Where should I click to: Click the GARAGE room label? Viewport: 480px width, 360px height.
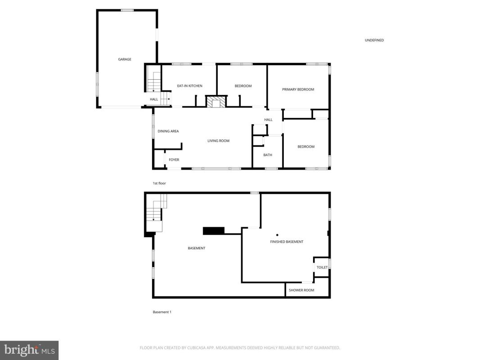click(125, 59)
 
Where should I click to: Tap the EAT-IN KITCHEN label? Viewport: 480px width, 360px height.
click(189, 86)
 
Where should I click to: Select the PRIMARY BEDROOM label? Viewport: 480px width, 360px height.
click(298, 90)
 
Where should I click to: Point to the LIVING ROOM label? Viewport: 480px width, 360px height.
click(218, 141)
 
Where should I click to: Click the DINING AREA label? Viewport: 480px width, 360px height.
click(168, 131)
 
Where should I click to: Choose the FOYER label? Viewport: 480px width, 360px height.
click(174, 160)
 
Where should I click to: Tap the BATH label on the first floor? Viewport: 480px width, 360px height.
click(268, 155)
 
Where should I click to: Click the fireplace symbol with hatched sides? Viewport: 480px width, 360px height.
click(216, 101)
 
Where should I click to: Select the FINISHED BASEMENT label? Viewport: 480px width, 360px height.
click(287, 242)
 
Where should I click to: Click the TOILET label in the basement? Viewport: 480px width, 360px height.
click(322, 268)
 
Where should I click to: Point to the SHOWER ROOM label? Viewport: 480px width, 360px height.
click(301, 290)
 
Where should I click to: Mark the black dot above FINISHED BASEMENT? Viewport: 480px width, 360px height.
click(277, 235)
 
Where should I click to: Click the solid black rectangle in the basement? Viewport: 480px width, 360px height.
click(214, 231)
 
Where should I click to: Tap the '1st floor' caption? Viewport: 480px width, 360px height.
click(159, 183)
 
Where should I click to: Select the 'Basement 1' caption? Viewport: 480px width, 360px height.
click(162, 312)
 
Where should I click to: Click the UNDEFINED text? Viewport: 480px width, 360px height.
click(374, 40)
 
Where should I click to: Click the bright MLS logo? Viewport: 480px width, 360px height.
click(29, 350)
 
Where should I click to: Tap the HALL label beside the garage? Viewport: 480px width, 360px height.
click(154, 99)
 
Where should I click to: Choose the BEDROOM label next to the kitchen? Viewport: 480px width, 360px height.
click(243, 86)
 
